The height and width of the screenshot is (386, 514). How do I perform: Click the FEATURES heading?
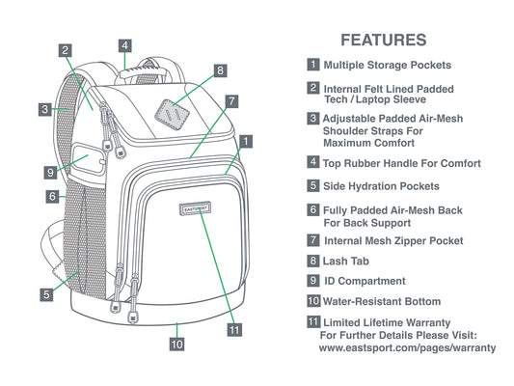point(384,40)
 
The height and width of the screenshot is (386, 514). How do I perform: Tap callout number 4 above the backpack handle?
point(125,45)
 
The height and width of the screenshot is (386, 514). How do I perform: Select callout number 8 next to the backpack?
point(220,70)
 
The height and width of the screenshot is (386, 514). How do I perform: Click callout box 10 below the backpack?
point(176,344)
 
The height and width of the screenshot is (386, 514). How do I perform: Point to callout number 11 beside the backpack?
point(234,330)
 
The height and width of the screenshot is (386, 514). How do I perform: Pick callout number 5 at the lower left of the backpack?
point(46,294)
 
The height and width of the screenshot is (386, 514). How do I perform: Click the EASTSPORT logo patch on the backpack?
point(195,208)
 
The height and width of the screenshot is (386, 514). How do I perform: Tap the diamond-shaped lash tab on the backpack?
point(172,115)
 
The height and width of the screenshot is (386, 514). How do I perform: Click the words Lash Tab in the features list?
point(346,262)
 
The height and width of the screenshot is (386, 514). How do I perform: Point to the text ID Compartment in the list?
point(365,281)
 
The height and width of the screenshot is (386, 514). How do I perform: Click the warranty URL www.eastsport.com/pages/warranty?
point(407,347)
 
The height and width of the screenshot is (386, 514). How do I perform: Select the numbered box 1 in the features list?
point(313,65)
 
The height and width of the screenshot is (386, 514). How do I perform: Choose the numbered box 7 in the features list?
point(313,240)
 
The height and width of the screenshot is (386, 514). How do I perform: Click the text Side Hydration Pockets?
point(381,186)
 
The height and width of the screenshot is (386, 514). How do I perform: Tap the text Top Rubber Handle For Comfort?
point(402,163)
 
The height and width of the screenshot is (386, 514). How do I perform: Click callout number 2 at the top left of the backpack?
point(66,50)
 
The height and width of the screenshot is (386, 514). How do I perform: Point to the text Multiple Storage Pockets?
point(388,65)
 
